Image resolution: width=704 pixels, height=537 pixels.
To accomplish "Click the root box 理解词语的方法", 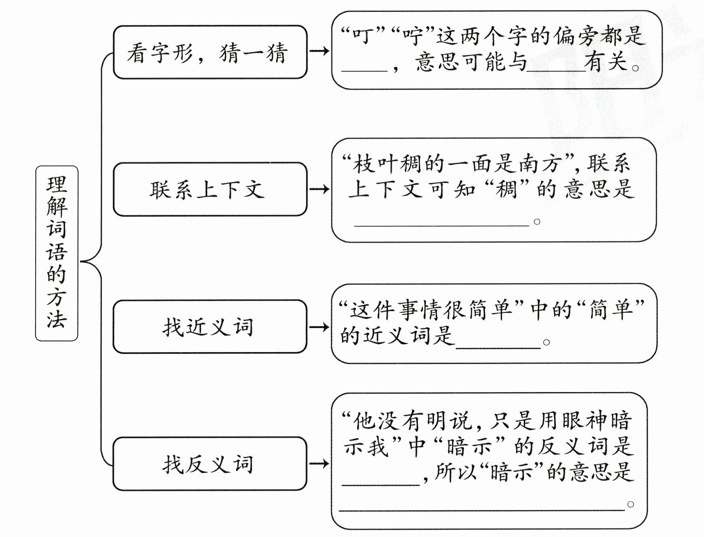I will [x=56, y=253].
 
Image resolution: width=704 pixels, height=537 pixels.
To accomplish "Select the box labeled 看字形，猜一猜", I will [x=210, y=52].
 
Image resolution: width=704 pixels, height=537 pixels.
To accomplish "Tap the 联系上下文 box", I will [x=210, y=189].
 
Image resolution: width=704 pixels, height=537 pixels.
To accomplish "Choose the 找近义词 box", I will [x=210, y=327].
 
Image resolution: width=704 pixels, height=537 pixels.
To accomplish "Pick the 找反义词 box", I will [x=210, y=464].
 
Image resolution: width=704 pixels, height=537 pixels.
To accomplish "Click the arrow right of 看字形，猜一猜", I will [x=319, y=51].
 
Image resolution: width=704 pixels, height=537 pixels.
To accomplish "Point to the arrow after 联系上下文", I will [x=319, y=189].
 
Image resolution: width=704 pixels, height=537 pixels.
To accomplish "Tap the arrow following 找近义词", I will [x=319, y=327].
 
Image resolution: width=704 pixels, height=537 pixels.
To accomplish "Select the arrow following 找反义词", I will [x=319, y=464].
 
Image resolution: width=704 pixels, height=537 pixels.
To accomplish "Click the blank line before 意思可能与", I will [x=364, y=67].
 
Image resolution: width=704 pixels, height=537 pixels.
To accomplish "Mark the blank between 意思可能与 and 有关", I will [x=556, y=67].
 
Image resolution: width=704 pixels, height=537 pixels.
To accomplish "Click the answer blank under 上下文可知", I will [x=441, y=222].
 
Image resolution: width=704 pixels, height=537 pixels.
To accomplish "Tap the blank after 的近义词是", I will [x=498, y=343].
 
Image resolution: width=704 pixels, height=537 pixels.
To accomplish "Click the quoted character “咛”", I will [x=413, y=36].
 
